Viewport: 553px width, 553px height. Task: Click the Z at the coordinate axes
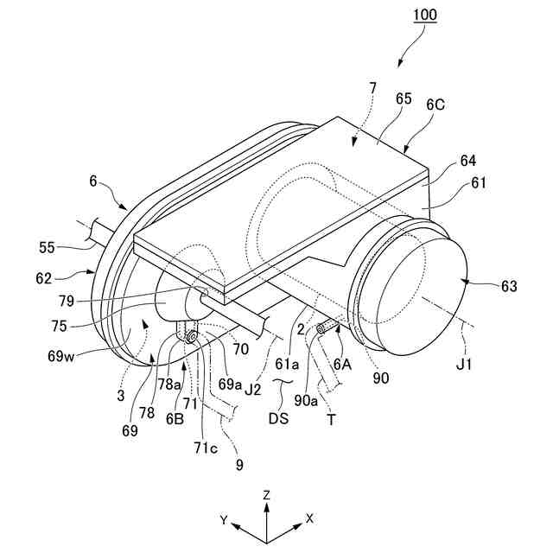(269, 494)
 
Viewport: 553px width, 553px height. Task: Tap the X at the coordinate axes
(308, 520)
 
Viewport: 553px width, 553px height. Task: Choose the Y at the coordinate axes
(224, 521)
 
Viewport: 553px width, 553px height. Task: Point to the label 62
(67, 279)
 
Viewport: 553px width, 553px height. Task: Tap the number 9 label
(239, 464)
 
